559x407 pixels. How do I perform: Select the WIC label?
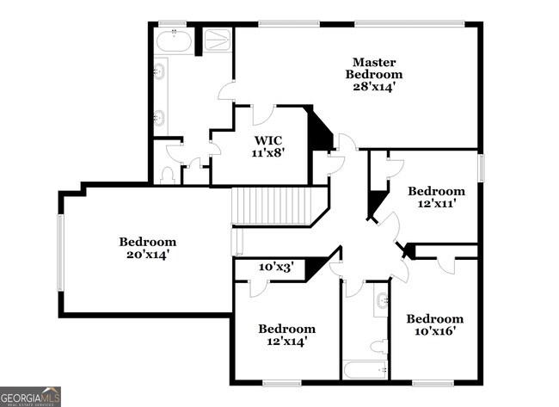(x=268, y=139)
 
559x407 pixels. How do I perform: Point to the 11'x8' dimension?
(x=268, y=152)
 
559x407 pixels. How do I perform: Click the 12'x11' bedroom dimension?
(x=436, y=204)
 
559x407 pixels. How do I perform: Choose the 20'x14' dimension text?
(x=147, y=256)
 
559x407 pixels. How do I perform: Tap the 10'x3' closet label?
(x=276, y=267)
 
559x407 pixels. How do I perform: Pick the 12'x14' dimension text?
(x=286, y=342)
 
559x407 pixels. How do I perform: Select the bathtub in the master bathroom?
(x=175, y=40)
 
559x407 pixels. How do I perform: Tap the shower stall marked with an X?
(x=218, y=40)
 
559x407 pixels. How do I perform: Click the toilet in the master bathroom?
(x=169, y=175)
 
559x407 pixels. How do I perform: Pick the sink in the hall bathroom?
(x=381, y=301)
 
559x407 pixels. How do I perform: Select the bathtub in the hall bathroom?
(x=365, y=370)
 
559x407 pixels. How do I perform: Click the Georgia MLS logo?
(x=30, y=396)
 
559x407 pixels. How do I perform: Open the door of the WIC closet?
(x=263, y=114)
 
